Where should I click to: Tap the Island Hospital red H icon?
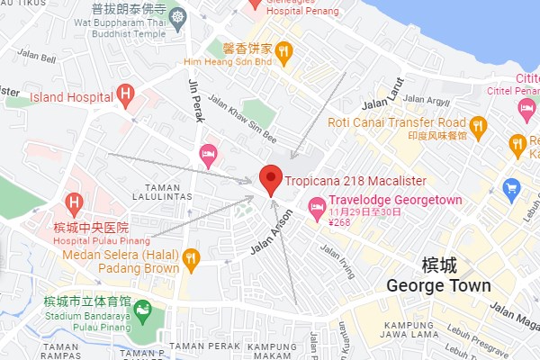tap(125, 94)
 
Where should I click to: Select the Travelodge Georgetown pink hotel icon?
tap(317, 209)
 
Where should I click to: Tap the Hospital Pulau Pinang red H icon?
tap(74, 203)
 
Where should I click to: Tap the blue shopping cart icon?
tap(512, 188)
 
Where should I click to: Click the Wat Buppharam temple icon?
tap(178, 17)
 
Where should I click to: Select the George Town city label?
tap(438, 285)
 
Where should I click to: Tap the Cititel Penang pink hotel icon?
tap(527, 109)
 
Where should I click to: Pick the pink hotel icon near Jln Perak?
tap(209, 157)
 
